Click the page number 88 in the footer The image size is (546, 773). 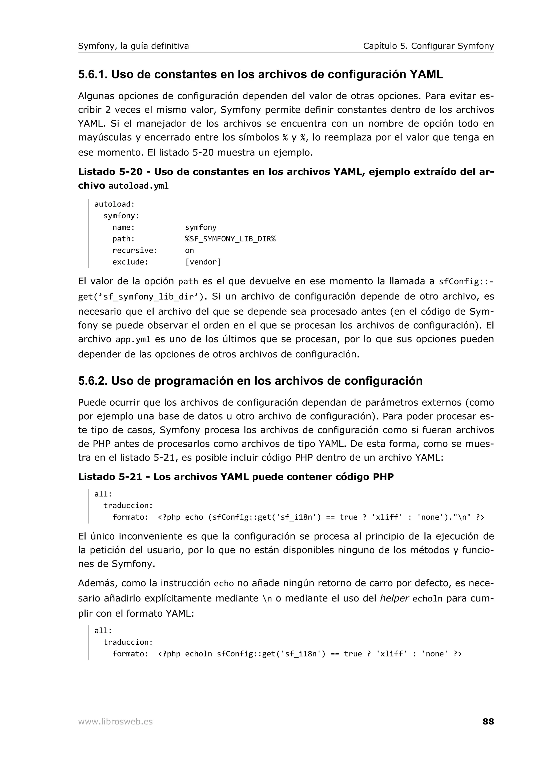488,721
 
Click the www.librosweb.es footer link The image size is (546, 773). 115,722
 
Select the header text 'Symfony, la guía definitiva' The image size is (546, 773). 133,46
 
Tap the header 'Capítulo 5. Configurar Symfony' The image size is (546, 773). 428,46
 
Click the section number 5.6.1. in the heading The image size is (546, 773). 93,74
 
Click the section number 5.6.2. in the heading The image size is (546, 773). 93,381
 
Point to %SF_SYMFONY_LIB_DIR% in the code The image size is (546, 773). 230,239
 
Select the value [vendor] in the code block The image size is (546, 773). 203,262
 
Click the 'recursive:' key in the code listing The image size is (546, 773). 135,250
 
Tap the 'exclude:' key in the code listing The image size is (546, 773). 130,262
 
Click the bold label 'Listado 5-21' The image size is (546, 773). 110,477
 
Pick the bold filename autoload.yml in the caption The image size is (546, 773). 138,186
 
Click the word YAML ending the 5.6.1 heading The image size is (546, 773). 426,74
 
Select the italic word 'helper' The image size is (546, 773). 394,598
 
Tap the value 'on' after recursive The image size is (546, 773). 189,250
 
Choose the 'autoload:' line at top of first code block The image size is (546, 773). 114,204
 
